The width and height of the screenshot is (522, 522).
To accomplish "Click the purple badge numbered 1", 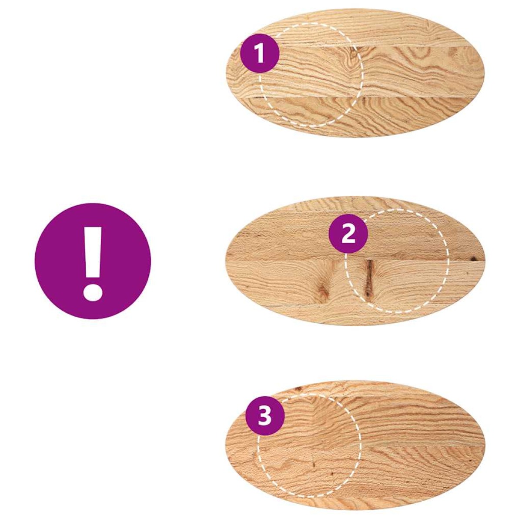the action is pos(260,53).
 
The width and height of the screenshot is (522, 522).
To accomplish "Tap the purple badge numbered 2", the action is pos(348,234).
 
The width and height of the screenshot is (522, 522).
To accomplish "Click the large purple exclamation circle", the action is pos(93,261).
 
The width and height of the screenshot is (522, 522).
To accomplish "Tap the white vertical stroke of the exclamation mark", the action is pos(93,252).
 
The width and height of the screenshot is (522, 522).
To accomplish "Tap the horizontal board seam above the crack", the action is pos(355,260).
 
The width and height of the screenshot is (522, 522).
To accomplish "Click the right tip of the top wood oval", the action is pos(484,73).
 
